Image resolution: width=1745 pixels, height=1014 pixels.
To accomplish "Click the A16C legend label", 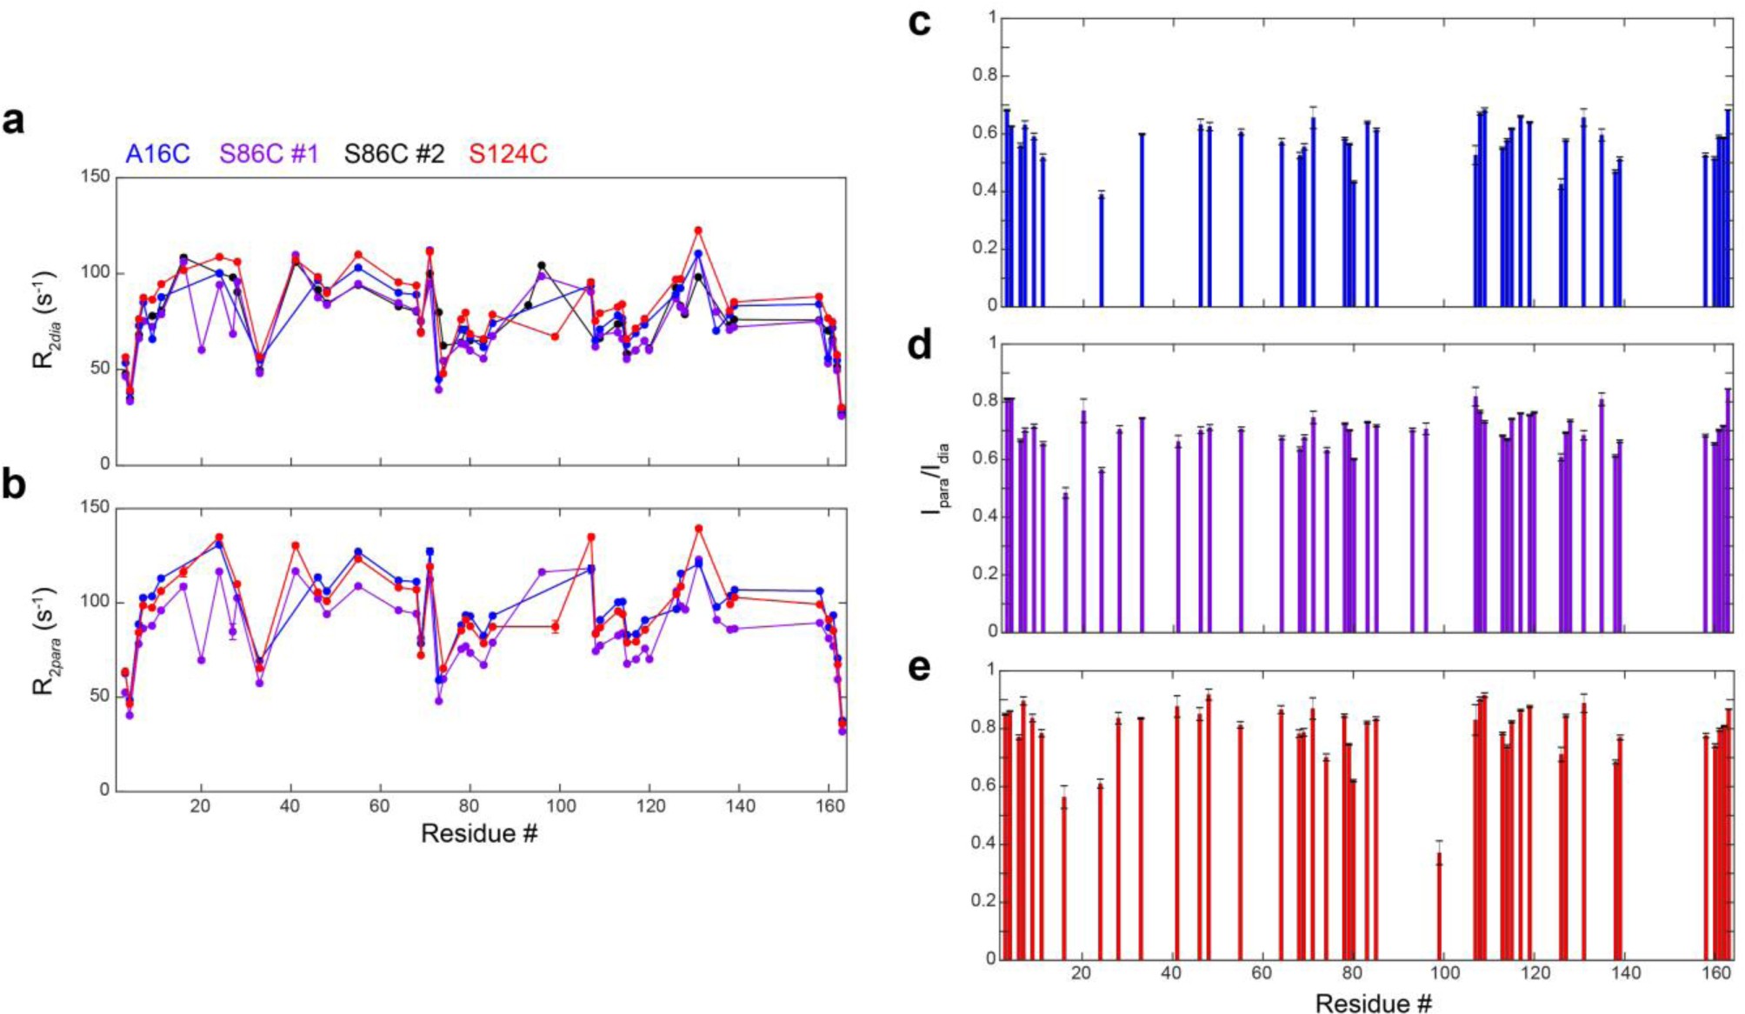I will (x=157, y=154).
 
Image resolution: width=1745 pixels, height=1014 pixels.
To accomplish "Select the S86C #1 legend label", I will (x=269, y=154).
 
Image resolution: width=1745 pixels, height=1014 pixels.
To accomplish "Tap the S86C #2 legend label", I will (x=394, y=154).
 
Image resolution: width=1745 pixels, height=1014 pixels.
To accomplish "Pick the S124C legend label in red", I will (x=508, y=154).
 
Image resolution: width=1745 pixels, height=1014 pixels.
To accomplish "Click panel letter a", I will (x=14, y=121).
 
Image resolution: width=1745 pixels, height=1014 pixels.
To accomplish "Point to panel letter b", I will (x=14, y=484).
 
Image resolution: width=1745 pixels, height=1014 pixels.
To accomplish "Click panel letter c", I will (x=919, y=23).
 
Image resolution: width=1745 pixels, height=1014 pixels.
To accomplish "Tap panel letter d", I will (x=919, y=345).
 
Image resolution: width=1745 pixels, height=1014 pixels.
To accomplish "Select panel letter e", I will (x=919, y=667).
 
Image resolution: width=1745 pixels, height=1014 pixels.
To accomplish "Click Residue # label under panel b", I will (x=479, y=833).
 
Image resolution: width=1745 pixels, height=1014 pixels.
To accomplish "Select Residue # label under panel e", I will (x=1373, y=1003).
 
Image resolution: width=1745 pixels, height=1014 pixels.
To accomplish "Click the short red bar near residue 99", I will (x=1439, y=904).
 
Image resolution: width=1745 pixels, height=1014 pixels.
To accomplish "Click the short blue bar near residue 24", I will (x=1101, y=250).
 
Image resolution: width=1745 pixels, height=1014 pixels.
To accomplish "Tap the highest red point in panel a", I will (x=698, y=230).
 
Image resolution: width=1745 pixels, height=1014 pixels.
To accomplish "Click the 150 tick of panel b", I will (x=95, y=506).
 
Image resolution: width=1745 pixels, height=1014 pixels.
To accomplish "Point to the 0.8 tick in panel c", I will (x=984, y=76).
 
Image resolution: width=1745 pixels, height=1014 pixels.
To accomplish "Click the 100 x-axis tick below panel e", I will (x=1443, y=972).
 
